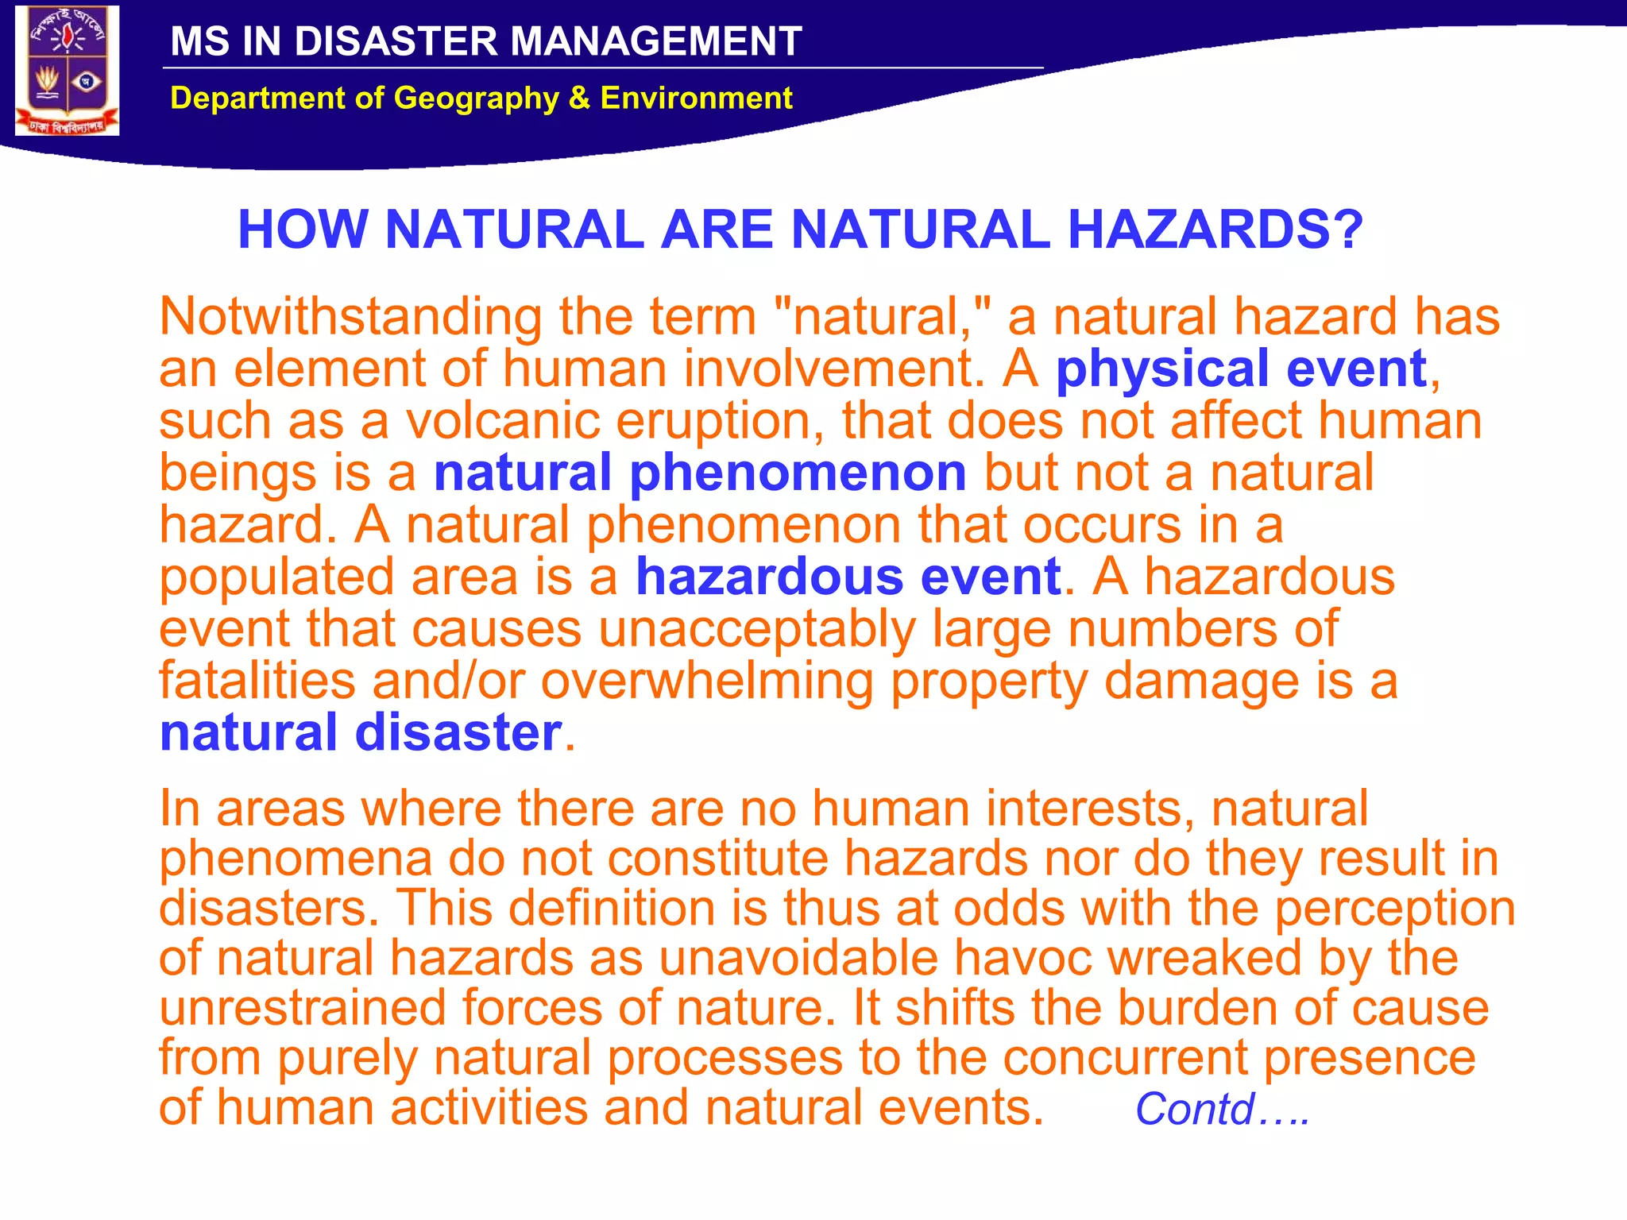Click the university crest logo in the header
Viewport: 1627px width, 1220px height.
68,71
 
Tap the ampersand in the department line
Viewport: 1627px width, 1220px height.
579,98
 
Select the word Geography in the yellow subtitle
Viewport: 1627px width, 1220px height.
477,98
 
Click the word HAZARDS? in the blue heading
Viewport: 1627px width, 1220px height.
1215,230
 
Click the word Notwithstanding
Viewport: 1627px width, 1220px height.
350,317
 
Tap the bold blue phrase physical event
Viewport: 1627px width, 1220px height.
1241,369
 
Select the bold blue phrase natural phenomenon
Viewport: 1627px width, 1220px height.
699,473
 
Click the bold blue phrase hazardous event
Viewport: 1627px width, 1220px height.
848,577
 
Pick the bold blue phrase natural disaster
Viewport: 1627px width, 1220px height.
361,732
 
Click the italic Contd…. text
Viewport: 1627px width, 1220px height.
1221,1110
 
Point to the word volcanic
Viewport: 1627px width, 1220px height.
503,421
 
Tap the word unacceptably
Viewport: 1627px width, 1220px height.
756,629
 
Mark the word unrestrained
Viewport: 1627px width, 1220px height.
303,1008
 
